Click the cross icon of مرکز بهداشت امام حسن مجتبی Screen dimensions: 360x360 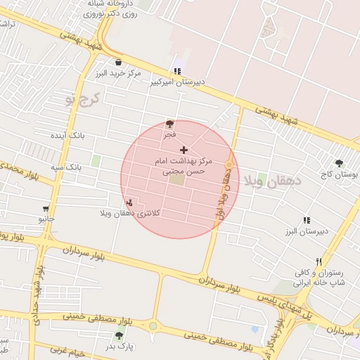[x=184, y=150]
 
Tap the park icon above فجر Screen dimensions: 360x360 [x=169, y=124]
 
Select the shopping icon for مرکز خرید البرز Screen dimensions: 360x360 [x=118, y=62]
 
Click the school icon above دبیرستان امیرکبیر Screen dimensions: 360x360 [x=177, y=71]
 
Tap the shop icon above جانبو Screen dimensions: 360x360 [x=46, y=209]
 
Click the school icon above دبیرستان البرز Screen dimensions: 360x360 [x=307, y=220]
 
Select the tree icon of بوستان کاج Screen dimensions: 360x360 [x=339, y=163]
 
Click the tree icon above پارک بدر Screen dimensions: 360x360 [x=119, y=336]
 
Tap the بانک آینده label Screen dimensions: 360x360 [x=67, y=134]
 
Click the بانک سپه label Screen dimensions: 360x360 [x=66, y=169]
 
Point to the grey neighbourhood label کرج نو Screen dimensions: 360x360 [x=83, y=99]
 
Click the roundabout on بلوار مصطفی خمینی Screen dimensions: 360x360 [x=153, y=326]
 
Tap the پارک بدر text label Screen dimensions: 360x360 [x=120, y=347]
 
